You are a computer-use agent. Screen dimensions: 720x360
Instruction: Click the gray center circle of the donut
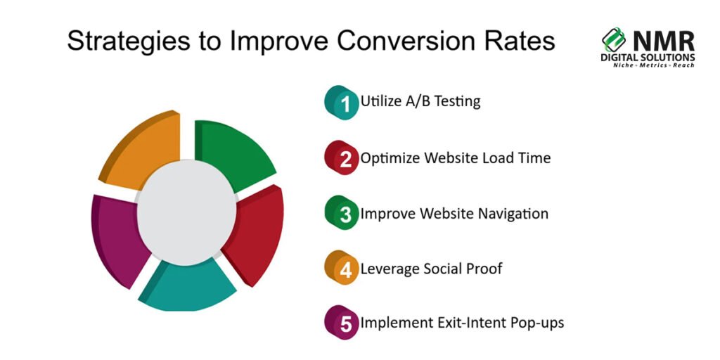(x=186, y=212)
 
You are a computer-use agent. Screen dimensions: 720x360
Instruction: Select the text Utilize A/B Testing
(x=420, y=101)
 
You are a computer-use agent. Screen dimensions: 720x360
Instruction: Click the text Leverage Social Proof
(x=431, y=269)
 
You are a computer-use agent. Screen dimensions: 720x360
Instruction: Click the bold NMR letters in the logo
(x=664, y=41)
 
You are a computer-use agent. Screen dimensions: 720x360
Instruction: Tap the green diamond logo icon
(x=615, y=39)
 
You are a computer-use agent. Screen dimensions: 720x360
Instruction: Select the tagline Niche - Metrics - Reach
(x=653, y=65)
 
